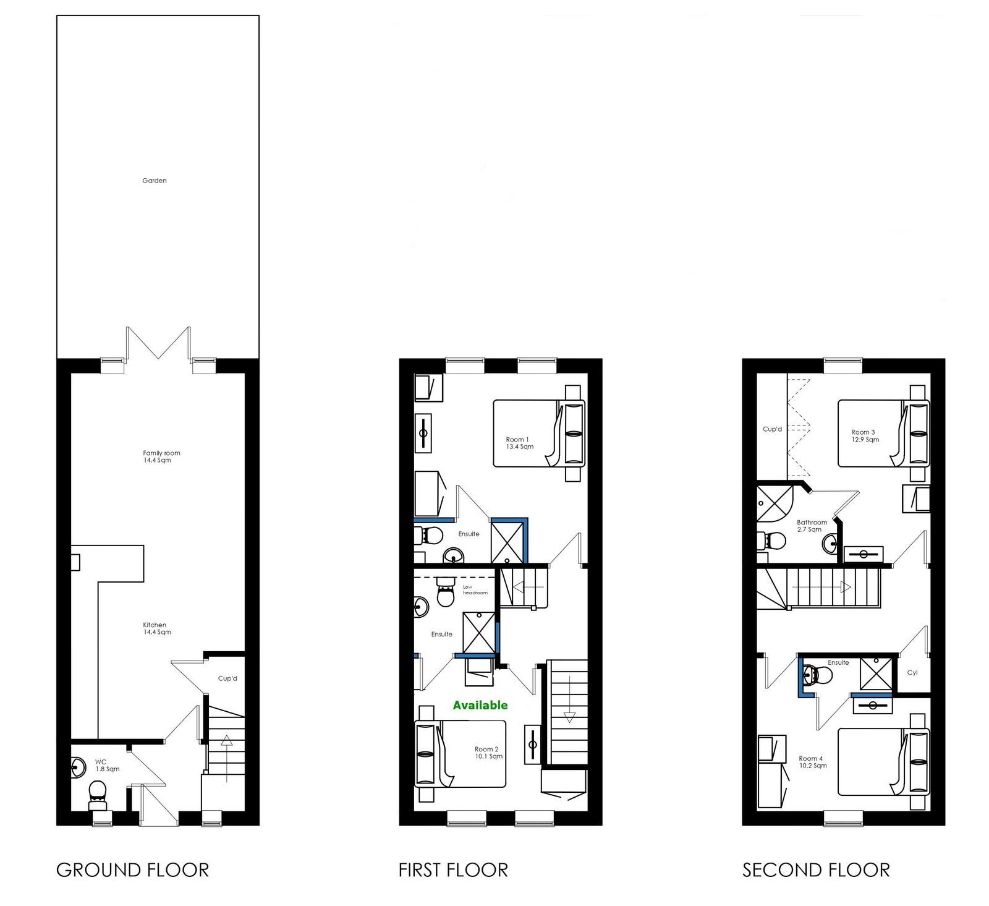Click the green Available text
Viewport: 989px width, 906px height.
pyautogui.click(x=480, y=705)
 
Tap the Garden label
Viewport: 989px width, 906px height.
pyautogui.click(x=155, y=181)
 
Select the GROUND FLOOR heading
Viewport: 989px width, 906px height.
pyautogui.click(x=132, y=870)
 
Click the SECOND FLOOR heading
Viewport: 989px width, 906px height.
pyautogui.click(x=816, y=870)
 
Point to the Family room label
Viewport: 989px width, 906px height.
pyautogui.click(x=161, y=453)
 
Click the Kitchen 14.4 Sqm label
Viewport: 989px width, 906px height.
pyautogui.click(x=157, y=628)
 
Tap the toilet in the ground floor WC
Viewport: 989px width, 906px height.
pyautogui.click(x=98, y=795)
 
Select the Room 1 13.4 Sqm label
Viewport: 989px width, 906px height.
pyautogui.click(x=519, y=443)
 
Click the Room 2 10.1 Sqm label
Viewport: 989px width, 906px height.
pyautogui.click(x=488, y=753)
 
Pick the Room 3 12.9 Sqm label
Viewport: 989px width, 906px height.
pyautogui.click(x=865, y=436)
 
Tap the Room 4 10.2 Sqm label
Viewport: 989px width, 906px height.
pyautogui.click(x=812, y=762)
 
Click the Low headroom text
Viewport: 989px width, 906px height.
pyautogui.click(x=475, y=590)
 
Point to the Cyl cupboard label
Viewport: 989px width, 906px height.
pyautogui.click(x=912, y=673)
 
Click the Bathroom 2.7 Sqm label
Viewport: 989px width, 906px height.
pyautogui.click(x=812, y=526)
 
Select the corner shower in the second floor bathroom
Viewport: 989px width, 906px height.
pyautogui.click(x=775, y=502)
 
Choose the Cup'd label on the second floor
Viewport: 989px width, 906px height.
pyautogui.click(x=772, y=429)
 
